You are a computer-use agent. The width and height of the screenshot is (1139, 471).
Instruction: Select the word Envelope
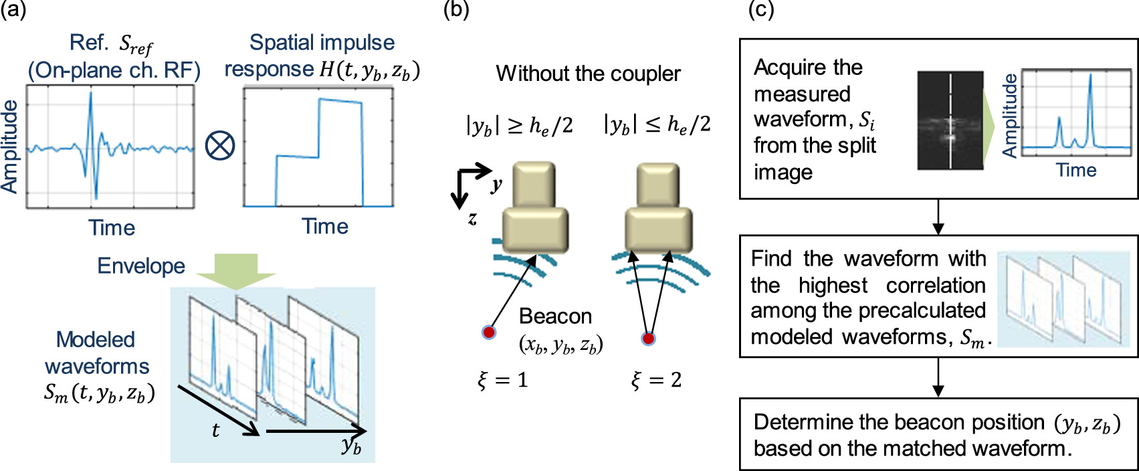(141, 266)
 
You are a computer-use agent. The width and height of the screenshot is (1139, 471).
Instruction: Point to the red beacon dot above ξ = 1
(490, 332)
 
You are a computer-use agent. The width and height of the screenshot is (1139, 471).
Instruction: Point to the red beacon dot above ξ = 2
(647, 339)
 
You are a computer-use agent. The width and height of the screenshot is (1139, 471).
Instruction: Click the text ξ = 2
(656, 381)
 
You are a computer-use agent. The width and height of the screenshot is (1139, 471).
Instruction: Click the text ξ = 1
(502, 381)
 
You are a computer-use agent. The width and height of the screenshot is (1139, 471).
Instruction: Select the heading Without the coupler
(588, 74)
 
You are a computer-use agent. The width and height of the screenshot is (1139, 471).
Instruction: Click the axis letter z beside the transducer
(472, 217)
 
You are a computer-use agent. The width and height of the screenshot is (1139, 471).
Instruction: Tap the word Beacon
(555, 316)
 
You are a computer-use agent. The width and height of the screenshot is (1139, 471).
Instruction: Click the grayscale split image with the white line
(950, 120)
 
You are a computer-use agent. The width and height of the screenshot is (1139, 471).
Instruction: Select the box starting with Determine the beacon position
(938, 434)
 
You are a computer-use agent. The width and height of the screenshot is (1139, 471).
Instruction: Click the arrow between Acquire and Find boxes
(938, 217)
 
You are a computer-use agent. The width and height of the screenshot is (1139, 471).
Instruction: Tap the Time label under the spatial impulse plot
(325, 226)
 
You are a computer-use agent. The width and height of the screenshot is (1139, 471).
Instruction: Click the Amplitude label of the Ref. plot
(9, 147)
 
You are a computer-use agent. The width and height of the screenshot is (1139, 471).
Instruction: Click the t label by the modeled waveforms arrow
(215, 430)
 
